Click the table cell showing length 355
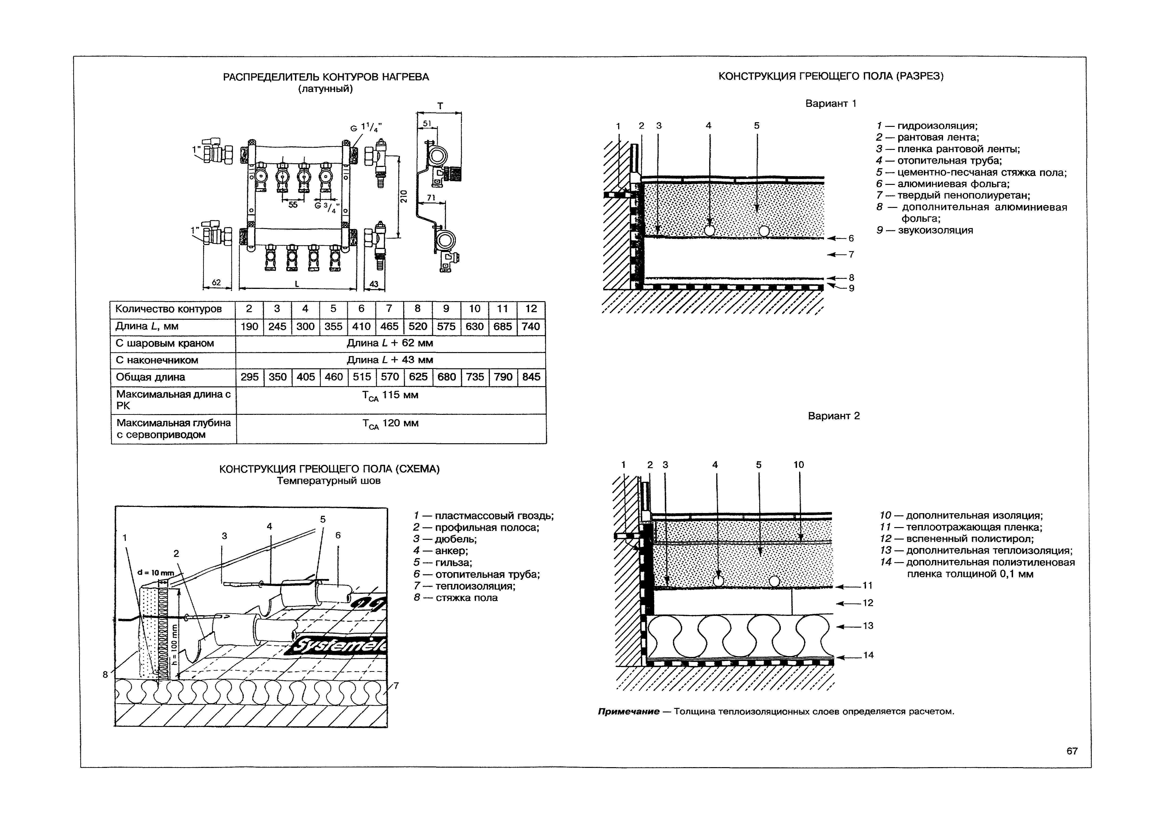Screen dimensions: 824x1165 coord(333,326)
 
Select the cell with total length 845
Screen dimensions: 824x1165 coord(531,377)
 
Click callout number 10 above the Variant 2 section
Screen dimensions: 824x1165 coord(799,465)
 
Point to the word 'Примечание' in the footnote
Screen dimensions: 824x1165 coord(628,711)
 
